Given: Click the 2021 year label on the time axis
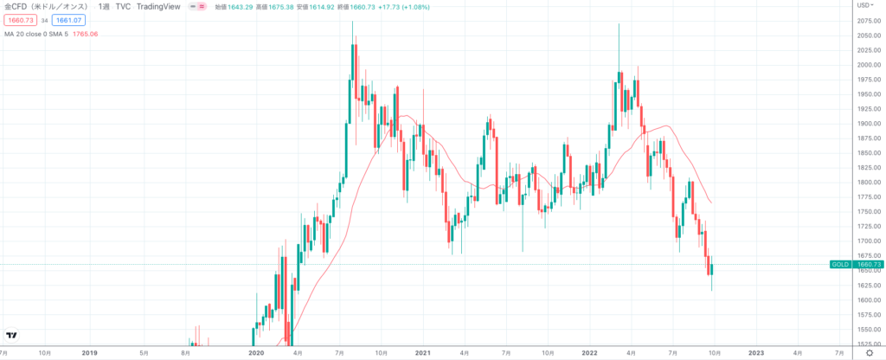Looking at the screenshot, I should pyautogui.click(x=423, y=353).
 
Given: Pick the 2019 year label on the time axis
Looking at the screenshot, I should pyautogui.click(x=89, y=353).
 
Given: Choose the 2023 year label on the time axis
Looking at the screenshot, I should pyautogui.click(x=756, y=353).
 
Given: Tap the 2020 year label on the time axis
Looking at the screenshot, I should pyautogui.click(x=256, y=353).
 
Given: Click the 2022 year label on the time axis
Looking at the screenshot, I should pyautogui.click(x=590, y=353).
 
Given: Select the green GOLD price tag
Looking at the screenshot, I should pyautogui.click(x=838, y=265).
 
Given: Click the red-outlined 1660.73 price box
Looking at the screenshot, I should pyautogui.click(x=19, y=20).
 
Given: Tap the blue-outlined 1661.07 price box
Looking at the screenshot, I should pyautogui.click(x=67, y=20).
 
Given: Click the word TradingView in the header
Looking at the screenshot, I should pyautogui.click(x=164, y=7).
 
